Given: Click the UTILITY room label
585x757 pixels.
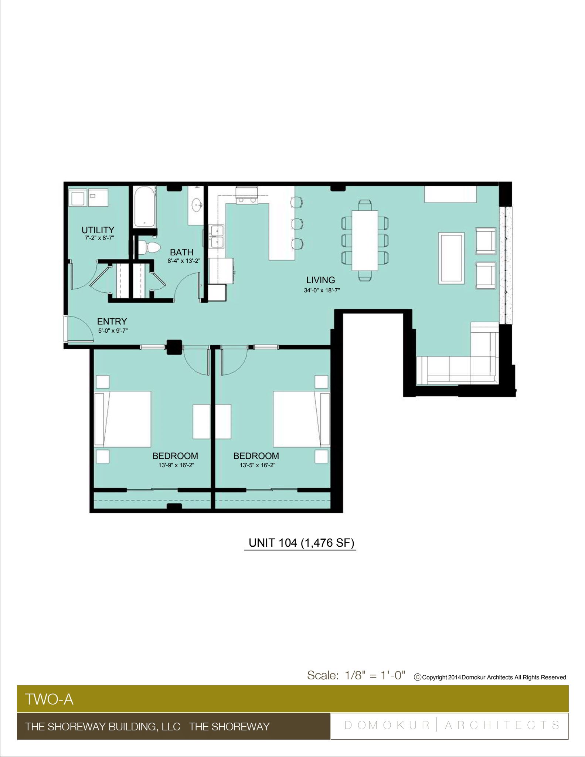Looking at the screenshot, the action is pos(98,230).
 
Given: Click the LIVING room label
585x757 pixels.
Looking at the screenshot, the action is pos(320,280).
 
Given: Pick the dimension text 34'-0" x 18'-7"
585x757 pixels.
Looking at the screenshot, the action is pos(322,291).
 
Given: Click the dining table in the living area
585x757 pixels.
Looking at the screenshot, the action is pos(365,240).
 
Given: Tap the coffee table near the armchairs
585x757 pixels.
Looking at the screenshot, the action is pos(451,258).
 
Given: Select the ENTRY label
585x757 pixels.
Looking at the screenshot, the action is pos(112,321).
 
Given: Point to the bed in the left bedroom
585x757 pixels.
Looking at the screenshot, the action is pos(123,419).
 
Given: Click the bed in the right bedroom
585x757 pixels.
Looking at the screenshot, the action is pos(301,419).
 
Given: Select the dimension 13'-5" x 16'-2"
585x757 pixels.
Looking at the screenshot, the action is pos(257,465).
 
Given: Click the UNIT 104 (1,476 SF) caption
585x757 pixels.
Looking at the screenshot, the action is pos(301,543).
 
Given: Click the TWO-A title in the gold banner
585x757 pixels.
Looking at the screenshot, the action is pos(49,699).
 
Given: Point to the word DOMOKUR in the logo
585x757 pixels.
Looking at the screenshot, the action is pos(387,725).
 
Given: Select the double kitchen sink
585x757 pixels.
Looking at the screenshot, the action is pos(217,237).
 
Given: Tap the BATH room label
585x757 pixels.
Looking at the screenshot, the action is pos(181,252).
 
